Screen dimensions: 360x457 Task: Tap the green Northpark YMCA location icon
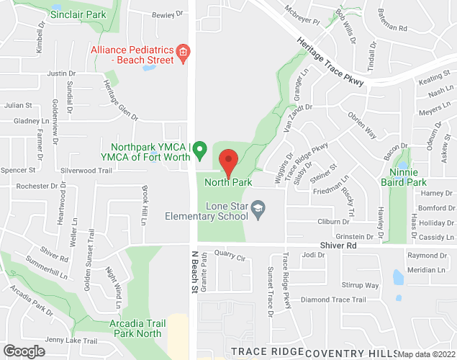pos(202,150)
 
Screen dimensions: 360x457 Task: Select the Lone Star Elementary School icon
pos(257,210)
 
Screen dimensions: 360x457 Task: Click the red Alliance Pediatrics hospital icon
pos(184,53)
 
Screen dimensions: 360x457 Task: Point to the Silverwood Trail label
pos(86,171)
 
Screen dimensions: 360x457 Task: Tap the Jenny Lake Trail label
pos(71,341)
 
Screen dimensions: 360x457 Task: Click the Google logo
pos(24,351)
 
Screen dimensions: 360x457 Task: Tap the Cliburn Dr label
pos(333,222)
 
